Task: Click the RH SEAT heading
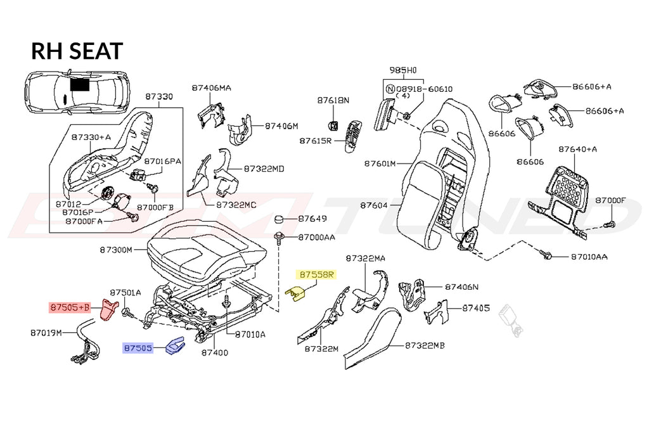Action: click(x=77, y=51)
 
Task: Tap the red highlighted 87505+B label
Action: click(x=70, y=307)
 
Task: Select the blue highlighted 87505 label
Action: click(x=138, y=348)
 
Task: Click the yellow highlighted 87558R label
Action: click(x=316, y=274)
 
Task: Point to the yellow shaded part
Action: click(x=295, y=293)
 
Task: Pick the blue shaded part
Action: click(x=175, y=345)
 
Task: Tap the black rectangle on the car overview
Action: click(x=79, y=84)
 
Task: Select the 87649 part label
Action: click(x=312, y=218)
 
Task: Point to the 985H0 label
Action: click(x=402, y=70)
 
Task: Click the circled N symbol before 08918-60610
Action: click(x=390, y=89)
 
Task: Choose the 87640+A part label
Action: click(x=578, y=149)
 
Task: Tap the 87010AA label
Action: click(x=589, y=257)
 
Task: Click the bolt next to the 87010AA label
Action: click(x=546, y=255)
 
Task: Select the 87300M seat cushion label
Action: click(x=116, y=250)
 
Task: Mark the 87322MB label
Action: click(x=425, y=345)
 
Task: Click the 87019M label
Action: click(x=46, y=333)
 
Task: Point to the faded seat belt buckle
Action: click(x=511, y=319)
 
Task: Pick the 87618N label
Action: click(x=333, y=100)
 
